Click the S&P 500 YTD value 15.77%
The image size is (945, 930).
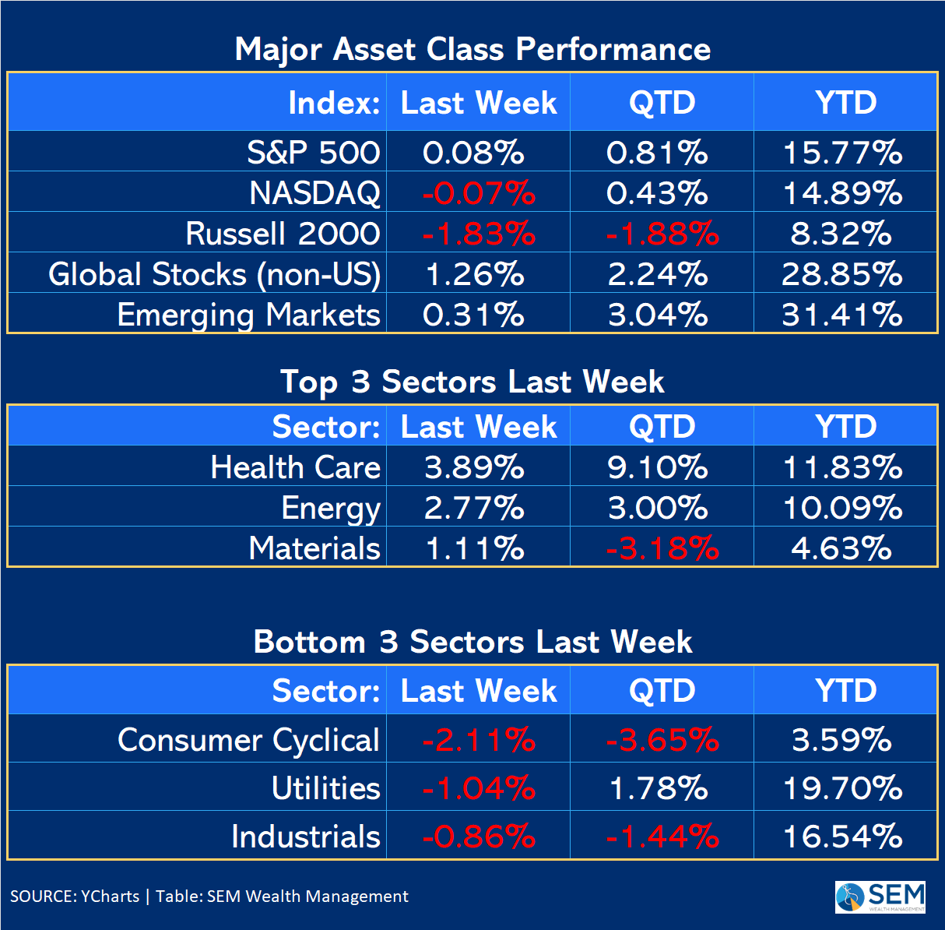tap(843, 153)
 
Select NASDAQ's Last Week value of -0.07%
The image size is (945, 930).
tap(478, 193)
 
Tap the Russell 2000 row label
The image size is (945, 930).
tap(283, 234)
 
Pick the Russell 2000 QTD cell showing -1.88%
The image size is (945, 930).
tap(662, 234)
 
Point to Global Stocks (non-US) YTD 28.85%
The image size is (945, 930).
tap(843, 274)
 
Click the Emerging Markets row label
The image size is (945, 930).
tap(248, 315)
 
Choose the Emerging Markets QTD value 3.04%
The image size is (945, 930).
tap(659, 315)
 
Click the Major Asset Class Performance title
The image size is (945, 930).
tap(472, 49)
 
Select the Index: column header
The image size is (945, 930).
tap(334, 103)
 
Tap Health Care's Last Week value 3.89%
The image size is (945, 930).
tap(474, 467)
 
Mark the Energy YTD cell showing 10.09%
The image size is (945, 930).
tap(843, 508)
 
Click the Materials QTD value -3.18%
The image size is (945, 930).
tap(662, 548)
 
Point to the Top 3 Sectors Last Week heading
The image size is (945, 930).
tap(472, 382)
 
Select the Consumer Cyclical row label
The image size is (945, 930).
tap(248, 740)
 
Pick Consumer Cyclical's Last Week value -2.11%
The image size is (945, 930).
tap(478, 740)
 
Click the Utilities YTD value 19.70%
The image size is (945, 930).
tap(843, 788)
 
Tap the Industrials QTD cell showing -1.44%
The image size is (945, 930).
tap(662, 837)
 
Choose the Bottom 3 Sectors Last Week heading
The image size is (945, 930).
tap(472, 642)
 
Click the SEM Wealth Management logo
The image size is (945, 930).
tap(880, 897)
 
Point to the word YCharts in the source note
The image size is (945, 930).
tap(111, 897)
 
